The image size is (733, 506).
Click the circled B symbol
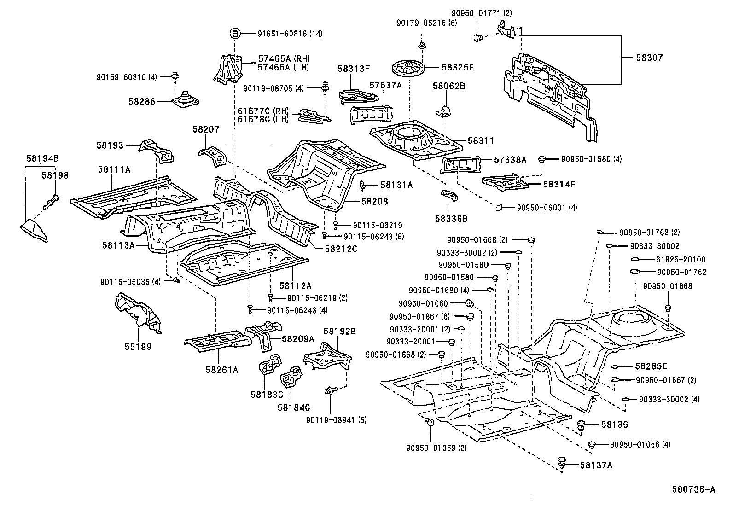click(235, 33)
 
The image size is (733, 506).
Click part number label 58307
click(649, 58)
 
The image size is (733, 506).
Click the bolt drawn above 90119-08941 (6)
click(330, 390)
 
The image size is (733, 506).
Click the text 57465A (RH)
click(284, 58)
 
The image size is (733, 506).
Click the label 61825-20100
click(681, 260)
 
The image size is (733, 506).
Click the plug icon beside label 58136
click(581, 425)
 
